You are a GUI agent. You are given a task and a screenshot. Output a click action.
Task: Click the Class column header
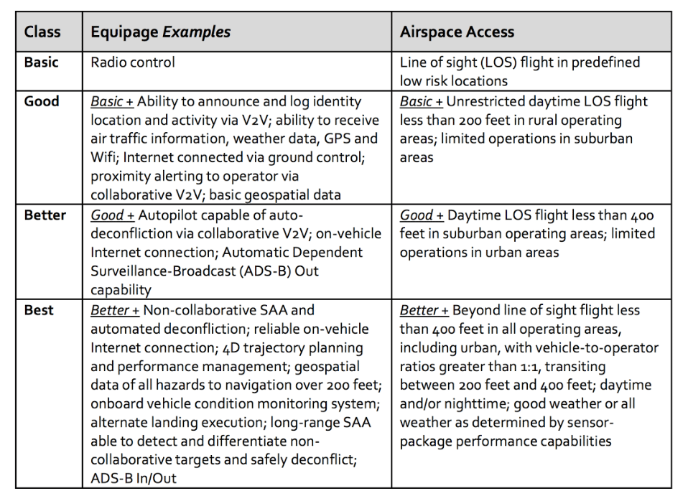point(42,32)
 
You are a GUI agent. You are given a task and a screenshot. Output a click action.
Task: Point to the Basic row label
point(42,62)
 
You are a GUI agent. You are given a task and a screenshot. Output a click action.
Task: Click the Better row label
point(45,215)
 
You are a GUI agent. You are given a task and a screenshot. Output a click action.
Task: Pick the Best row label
point(39,310)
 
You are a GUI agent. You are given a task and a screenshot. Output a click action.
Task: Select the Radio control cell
point(133,62)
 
